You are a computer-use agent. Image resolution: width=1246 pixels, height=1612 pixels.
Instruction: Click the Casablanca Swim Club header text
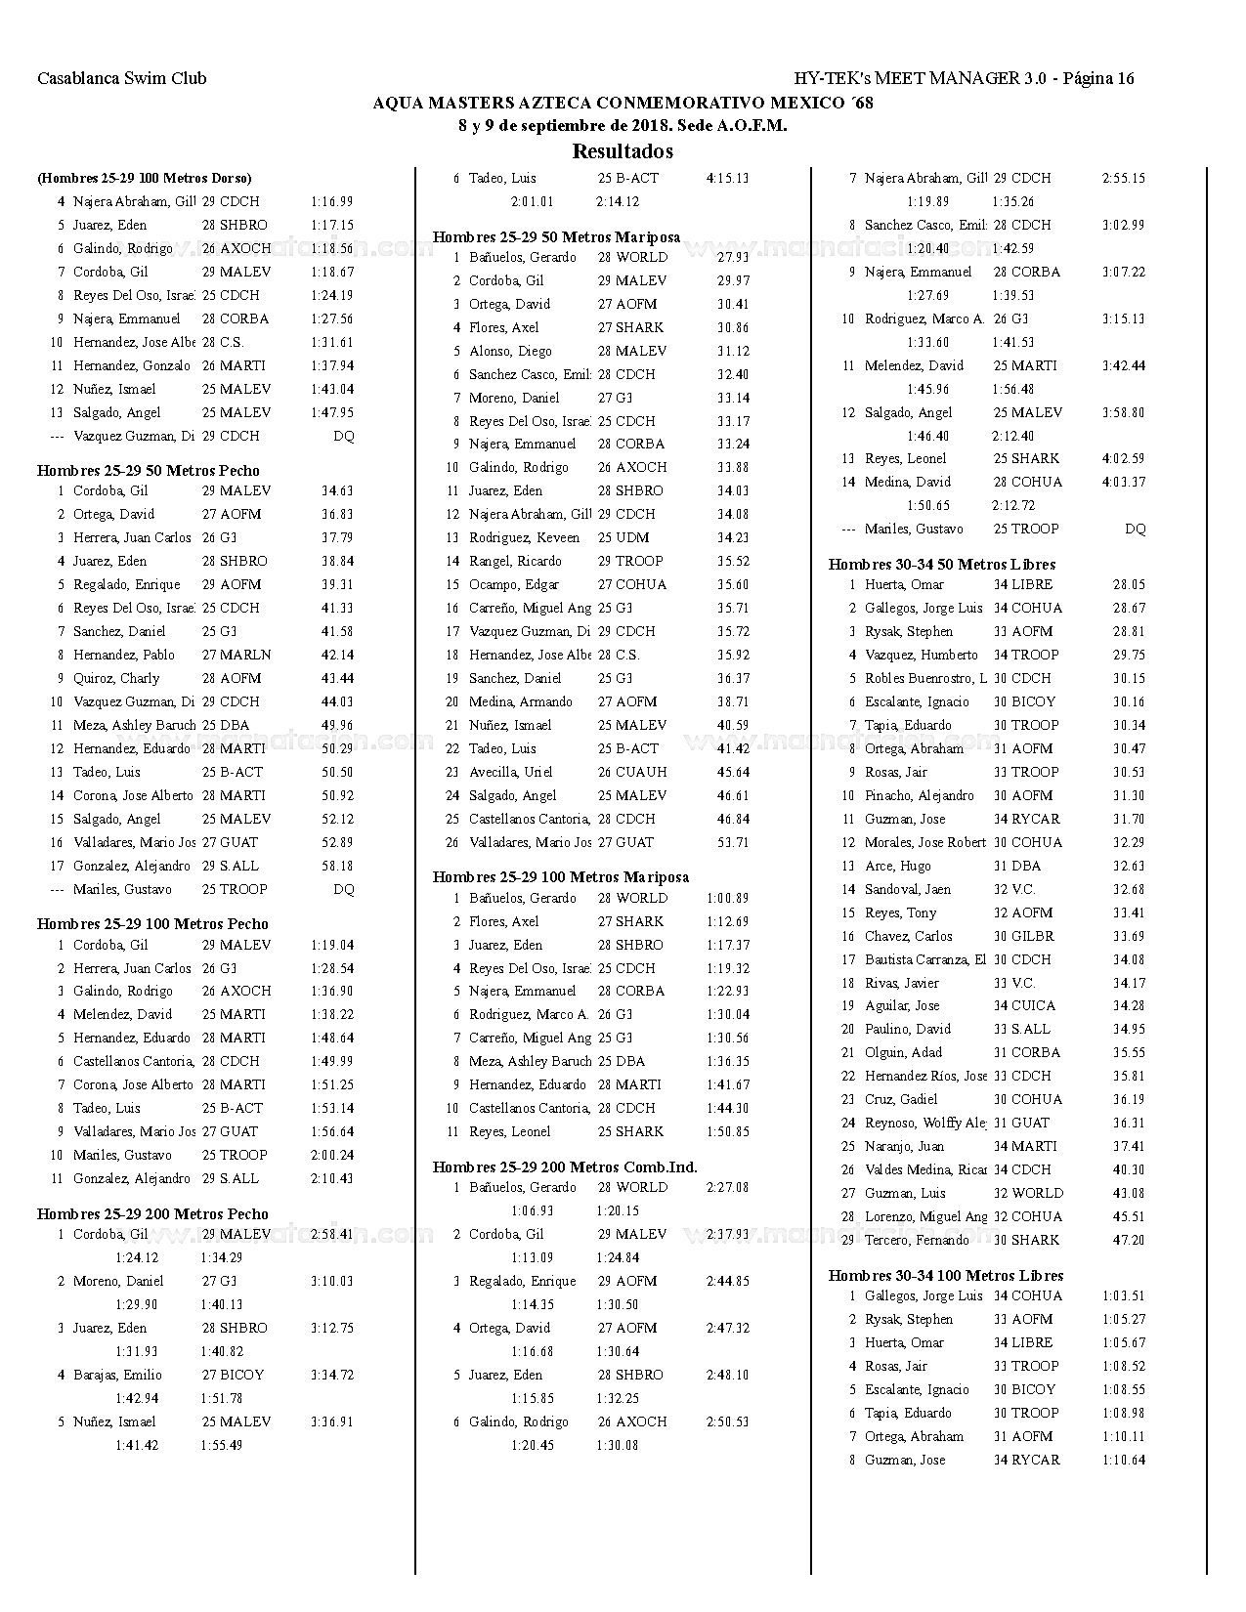click(122, 79)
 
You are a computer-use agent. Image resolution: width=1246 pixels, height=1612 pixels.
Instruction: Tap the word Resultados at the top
click(623, 151)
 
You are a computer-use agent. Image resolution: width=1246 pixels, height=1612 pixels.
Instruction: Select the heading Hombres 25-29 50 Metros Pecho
click(149, 470)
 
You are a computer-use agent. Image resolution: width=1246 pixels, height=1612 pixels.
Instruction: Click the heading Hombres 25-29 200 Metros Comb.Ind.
click(565, 1167)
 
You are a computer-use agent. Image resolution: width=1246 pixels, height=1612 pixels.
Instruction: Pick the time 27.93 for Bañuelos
click(733, 257)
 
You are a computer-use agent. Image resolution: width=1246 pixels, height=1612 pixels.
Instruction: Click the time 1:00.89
click(727, 898)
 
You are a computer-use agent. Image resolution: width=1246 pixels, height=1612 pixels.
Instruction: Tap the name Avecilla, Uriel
click(510, 772)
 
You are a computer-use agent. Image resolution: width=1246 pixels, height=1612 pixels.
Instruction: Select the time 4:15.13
click(727, 178)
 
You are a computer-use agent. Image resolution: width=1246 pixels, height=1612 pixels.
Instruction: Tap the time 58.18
click(337, 866)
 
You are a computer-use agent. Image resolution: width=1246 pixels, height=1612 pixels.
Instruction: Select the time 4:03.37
click(1123, 482)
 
